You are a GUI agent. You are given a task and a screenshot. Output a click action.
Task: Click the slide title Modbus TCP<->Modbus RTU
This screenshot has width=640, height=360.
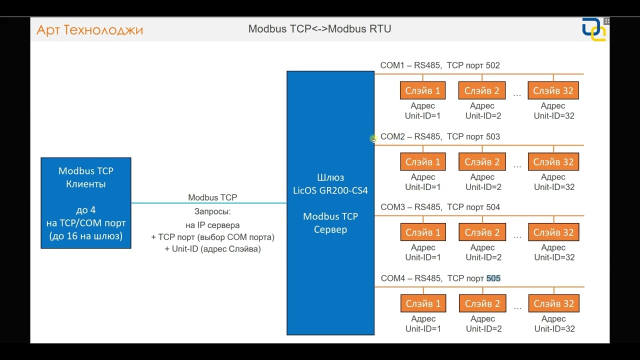click(319, 29)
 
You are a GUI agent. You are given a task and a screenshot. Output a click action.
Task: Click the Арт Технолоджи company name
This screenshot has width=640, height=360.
click(90, 30)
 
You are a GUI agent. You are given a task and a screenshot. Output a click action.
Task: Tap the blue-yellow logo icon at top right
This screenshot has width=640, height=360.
click(593, 30)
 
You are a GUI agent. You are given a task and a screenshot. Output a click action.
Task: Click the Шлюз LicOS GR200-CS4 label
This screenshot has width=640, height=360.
click(330, 184)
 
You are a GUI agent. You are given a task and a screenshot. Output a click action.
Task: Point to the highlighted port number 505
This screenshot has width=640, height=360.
click(493, 278)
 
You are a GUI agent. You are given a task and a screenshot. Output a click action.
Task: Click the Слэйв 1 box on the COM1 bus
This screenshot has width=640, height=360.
click(423, 90)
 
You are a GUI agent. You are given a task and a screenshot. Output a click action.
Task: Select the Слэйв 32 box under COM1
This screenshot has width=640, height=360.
click(553, 90)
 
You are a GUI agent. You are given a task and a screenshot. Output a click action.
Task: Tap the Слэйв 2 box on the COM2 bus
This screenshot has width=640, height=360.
click(482, 162)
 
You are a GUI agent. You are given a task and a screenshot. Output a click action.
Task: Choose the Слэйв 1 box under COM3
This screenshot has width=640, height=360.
click(423, 232)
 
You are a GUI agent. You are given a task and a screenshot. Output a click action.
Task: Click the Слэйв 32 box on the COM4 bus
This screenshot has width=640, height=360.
click(553, 303)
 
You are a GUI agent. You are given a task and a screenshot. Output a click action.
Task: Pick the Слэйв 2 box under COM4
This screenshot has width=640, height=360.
click(482, 303)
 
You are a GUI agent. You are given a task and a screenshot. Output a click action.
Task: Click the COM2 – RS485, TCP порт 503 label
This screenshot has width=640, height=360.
click(440, 136)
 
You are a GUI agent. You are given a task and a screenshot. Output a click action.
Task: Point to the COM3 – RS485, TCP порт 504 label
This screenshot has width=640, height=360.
click(440, 207)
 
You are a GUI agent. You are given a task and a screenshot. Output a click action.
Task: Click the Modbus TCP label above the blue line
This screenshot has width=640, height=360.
click(212, 197)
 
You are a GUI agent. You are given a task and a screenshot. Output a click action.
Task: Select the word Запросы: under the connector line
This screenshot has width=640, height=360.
click(212, 211)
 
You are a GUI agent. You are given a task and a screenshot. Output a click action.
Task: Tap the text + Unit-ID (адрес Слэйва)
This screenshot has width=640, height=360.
click(212, 248)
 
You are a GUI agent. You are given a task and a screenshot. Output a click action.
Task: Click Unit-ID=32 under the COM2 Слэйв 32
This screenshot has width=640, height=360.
click(554, 187)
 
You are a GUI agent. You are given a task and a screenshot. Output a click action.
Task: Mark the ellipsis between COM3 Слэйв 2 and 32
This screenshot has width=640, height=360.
click(517, 236)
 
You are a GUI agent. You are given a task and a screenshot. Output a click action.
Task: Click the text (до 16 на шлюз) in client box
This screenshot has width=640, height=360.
click(86, 236)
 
